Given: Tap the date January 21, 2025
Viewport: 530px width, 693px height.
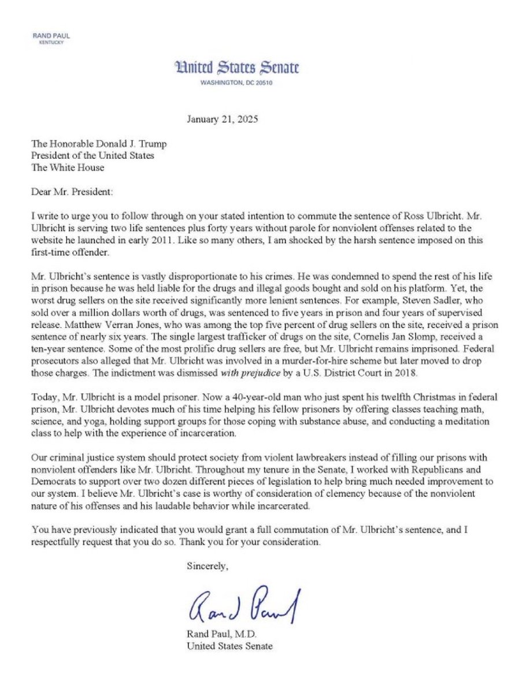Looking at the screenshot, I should pos(223,121).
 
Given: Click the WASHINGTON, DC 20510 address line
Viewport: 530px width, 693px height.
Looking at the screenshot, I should pos(236,83).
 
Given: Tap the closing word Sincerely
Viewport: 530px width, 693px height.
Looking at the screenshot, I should pos(207,567).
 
